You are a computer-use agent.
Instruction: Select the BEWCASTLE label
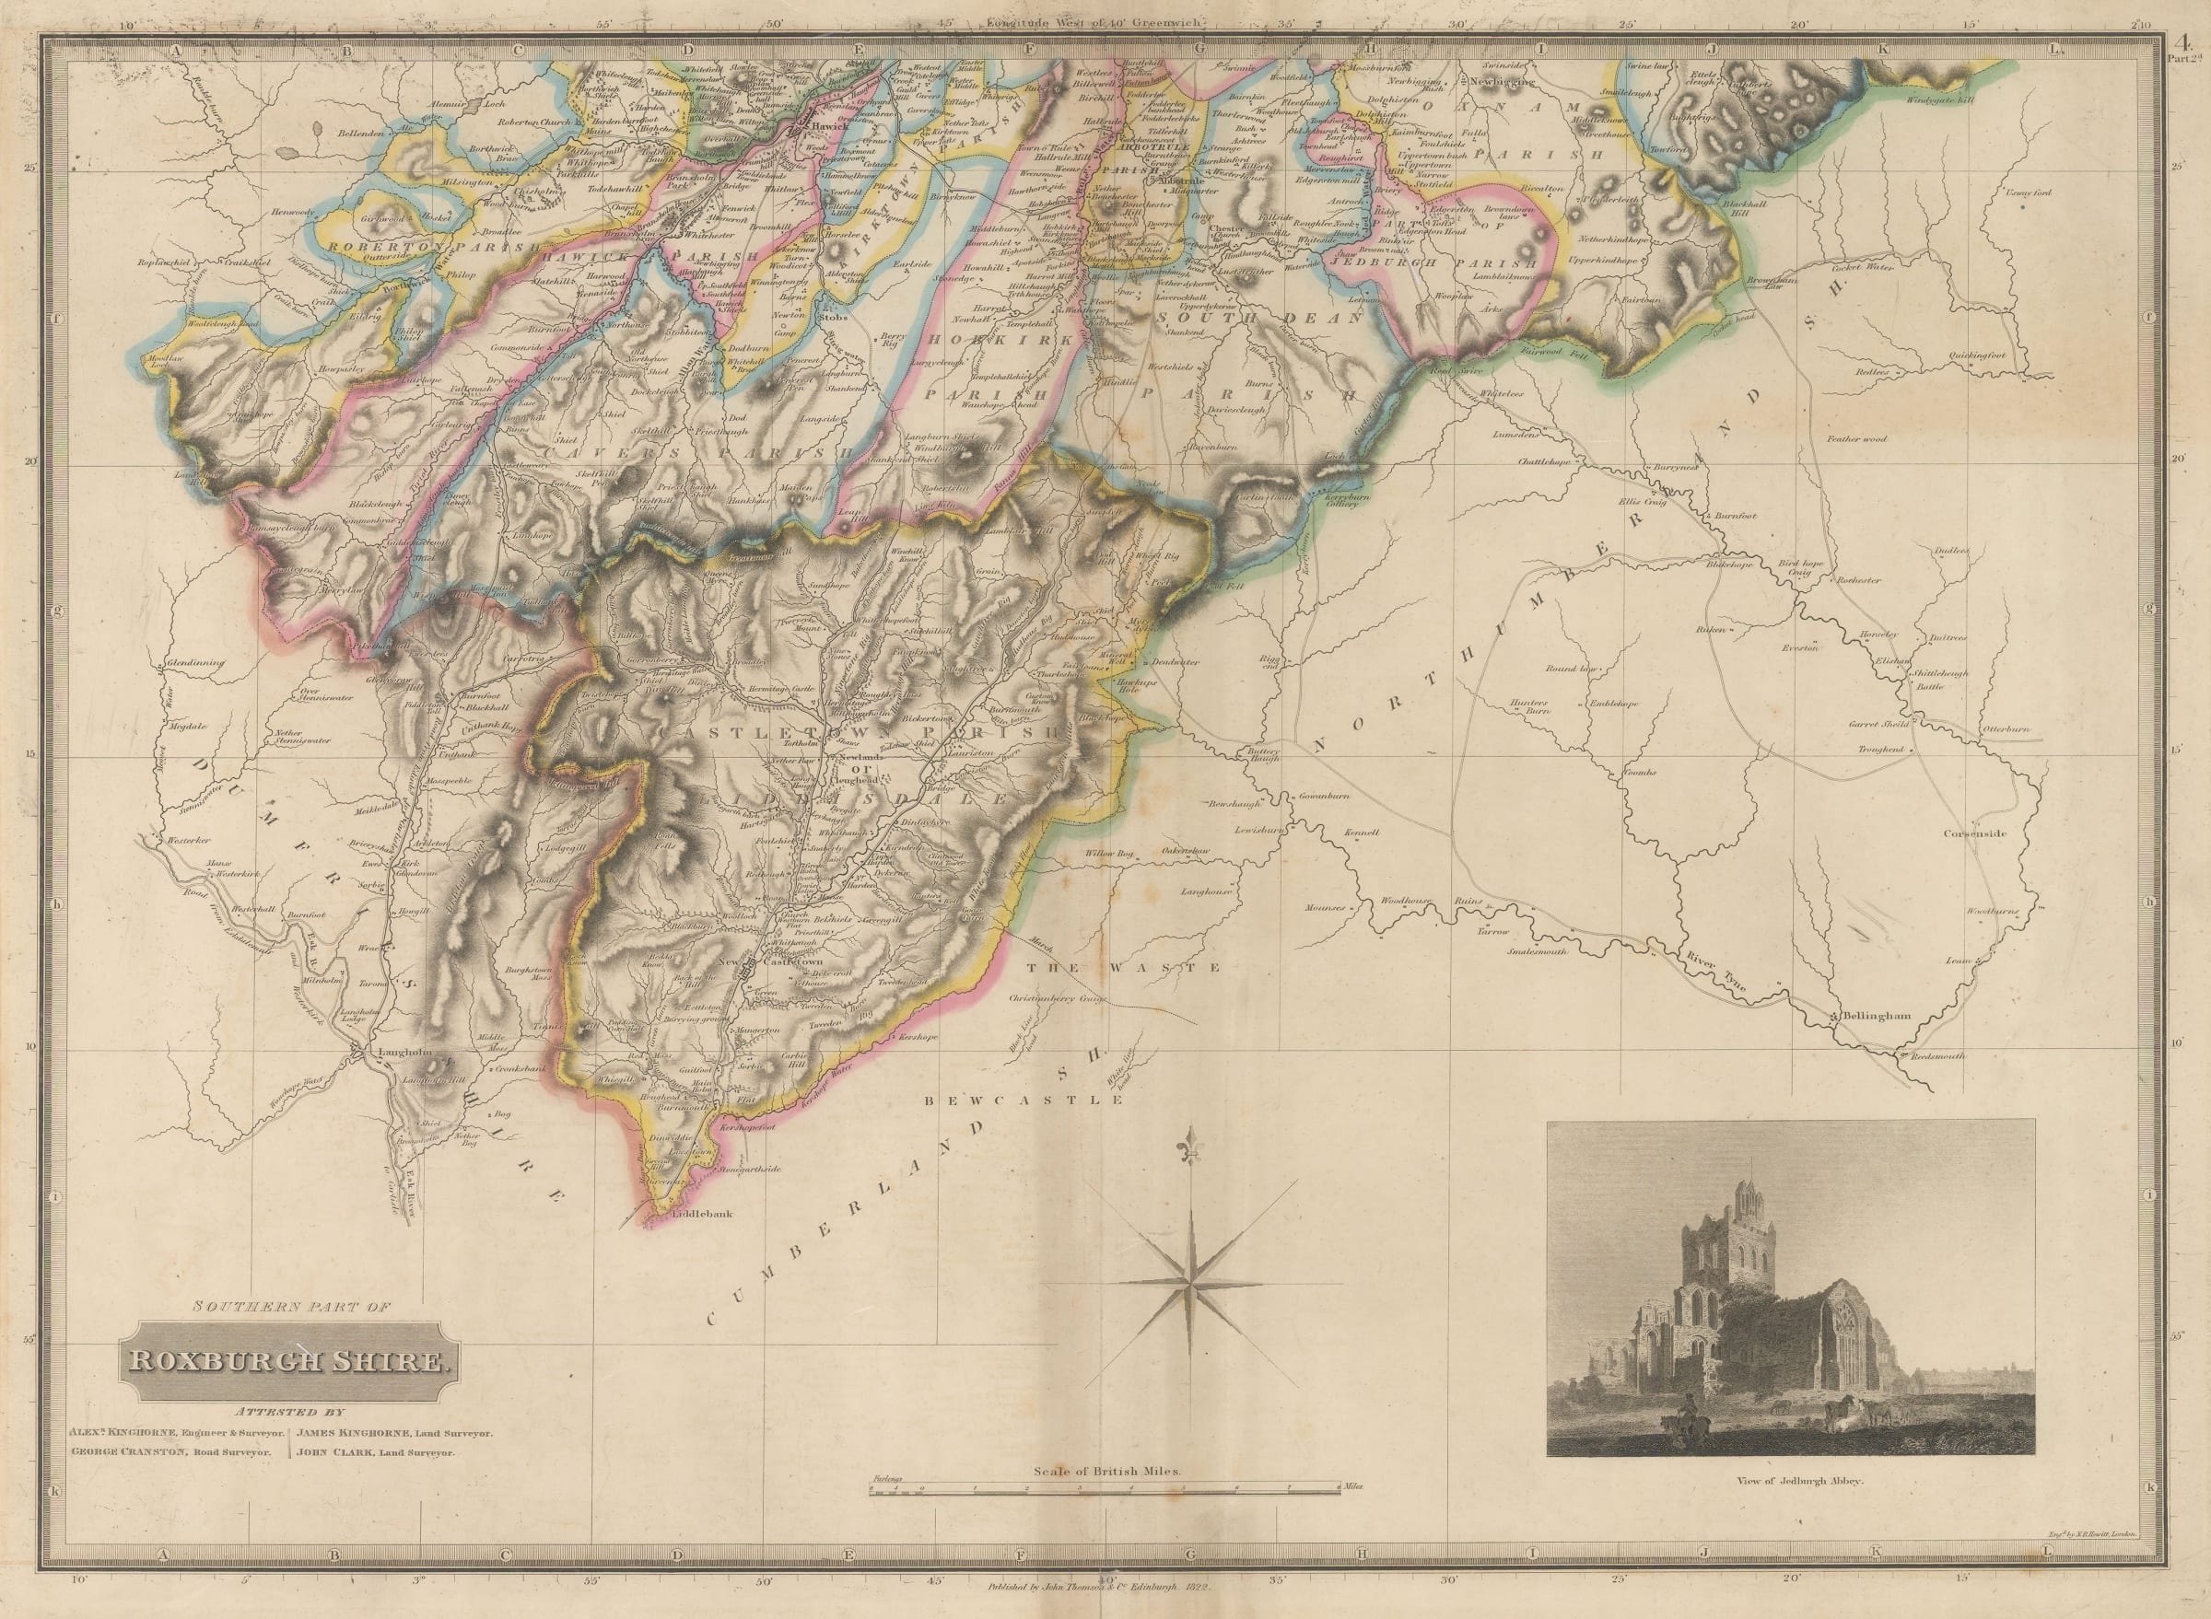(1024, 1101)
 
